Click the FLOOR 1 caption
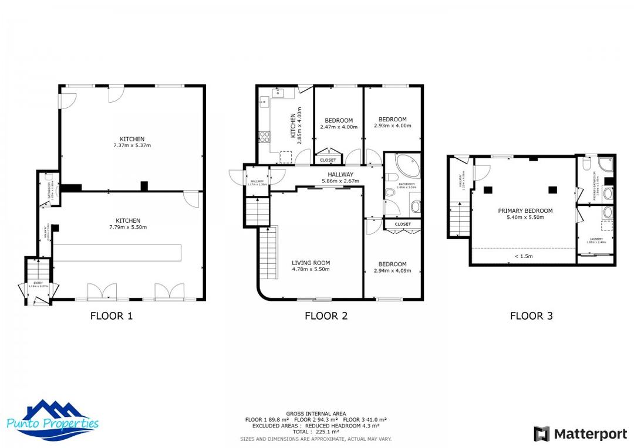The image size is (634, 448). tap(112, 316)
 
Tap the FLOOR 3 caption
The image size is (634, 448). tap(531, 316)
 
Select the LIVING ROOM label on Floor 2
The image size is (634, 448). tap(311, 263)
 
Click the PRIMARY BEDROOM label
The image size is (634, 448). tap(525, 211)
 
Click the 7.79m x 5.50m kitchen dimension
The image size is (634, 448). tap(127, 227)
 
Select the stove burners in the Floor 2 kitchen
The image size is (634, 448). tap(265, 137)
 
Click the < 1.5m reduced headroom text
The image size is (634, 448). tap(524, 256)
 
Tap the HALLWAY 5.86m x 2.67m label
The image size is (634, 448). tap(340, 178)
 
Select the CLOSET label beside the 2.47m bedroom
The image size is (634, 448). tap(328, 159)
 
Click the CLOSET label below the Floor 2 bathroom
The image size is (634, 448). tap(403, 224)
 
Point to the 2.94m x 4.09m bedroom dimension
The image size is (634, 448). tap(392, 270)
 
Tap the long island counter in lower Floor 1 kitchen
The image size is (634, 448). tap(117, 253)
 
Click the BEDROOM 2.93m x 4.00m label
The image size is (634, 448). tap(392, 122)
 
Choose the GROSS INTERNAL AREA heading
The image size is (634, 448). tap(316, 413)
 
